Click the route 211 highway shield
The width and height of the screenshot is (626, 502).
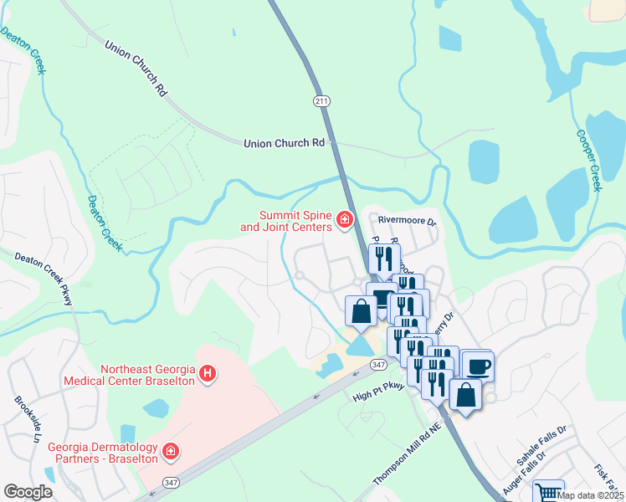(322, 100)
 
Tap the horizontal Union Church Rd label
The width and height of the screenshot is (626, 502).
(284, 143)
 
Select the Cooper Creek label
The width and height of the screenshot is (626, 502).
(589, 160)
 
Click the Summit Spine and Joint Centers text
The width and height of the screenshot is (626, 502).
(285, 220)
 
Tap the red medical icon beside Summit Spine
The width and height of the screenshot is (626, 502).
(344, 219)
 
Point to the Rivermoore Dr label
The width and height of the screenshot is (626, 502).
(408, 222)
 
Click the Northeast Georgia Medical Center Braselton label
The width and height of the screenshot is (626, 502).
(147, 374)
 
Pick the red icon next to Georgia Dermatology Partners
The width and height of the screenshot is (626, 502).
(171, 453)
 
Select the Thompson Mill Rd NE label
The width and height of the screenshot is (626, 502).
(407, 453)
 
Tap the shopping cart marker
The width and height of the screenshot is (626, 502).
(548, 492)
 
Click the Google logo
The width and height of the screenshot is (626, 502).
(28, 491)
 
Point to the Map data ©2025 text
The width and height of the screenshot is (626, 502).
(591, 495)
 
